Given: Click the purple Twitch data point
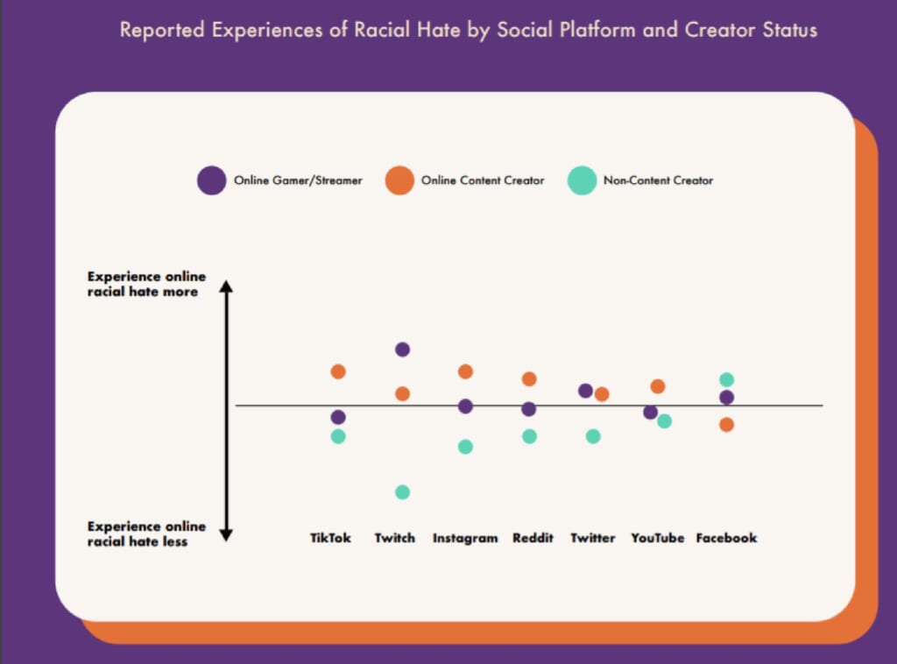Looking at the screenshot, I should click(x=402, y=350).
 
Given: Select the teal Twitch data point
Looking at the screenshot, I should click(x=402, y=492).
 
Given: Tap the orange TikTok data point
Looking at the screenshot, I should click(x=338, y=371).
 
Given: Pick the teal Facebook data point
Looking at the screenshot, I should click(x=726, y=379).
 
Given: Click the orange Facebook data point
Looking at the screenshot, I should click(x=726, y=425).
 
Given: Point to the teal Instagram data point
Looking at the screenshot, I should click(x=465, y=447).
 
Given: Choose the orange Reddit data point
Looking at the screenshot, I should click(x=529, y=379).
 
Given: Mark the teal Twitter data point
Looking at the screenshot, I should click(x=593, y=436).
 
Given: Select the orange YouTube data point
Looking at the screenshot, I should click(x=658, y=386).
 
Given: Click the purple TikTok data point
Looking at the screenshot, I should click(x=338, y=417).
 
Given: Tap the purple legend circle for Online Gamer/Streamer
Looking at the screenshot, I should click(x=211, y=180).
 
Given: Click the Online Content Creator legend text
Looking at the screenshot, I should click(x=483, y=180).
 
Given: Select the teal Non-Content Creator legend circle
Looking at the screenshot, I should click(x=581, y=180).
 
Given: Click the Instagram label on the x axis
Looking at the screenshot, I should click(x=465, y=538).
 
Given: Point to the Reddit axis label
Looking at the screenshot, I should click(x=533, y=538).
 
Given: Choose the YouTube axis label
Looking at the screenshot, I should click(x=658, y=538).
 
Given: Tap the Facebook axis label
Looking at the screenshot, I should click(x=726, y=538).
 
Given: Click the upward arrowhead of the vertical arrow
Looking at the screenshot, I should click(x=225, y=287).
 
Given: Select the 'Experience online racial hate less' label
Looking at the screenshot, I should click(x=146, y=533).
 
